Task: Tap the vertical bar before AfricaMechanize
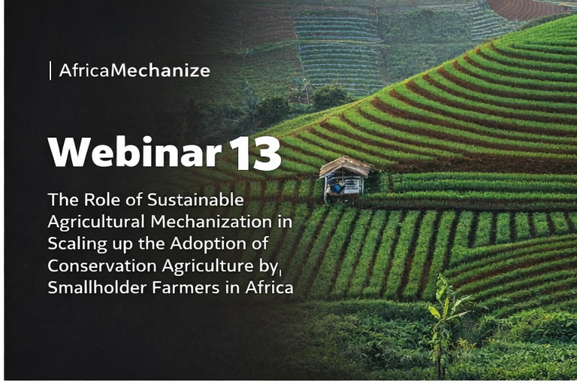point(50,71)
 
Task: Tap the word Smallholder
point(95,288)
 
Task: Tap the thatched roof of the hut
point(344,166)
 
